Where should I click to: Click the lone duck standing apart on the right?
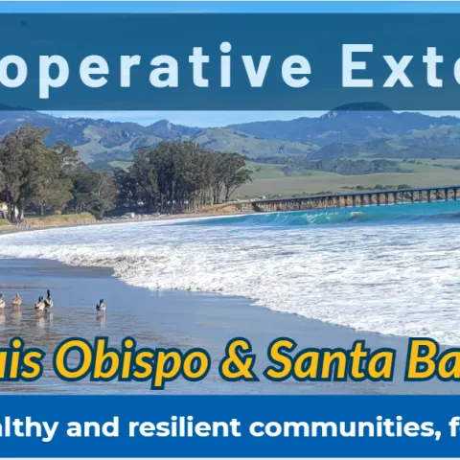(101, 306)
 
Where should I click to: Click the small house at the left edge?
(4, 208)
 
